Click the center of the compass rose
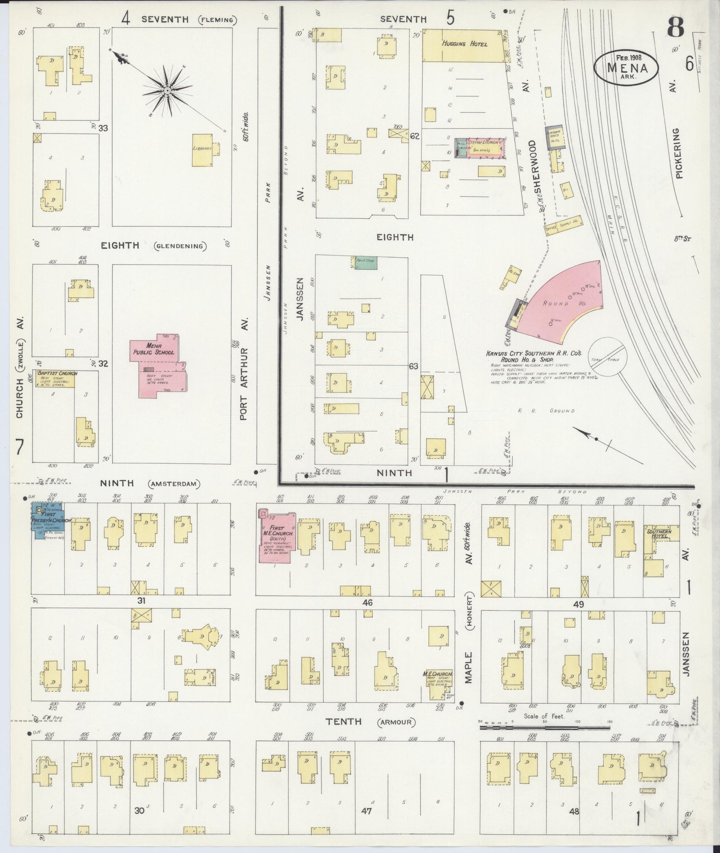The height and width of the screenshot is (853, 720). click(x=167, y=90)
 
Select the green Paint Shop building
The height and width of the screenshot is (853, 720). click(x=366, y=262)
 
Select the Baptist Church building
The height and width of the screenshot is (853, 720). click(x=55, y=379)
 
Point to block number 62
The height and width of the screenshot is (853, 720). click(x=415, y=136)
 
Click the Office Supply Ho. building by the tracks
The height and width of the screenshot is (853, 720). click(x=563, y=225)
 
